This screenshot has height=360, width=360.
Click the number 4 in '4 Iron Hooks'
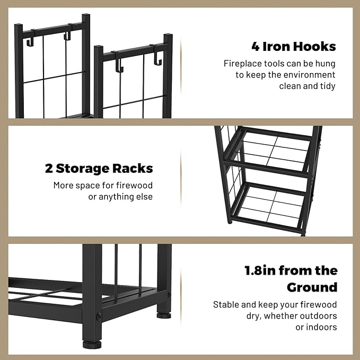click(256, 46)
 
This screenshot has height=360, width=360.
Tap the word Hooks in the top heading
click(314, 46)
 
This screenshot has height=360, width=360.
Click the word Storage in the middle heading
click(82, 169)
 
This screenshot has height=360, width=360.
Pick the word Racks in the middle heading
click(133, 169)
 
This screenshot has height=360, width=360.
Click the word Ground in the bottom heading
click(312, 287)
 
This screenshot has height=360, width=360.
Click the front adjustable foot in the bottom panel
click(92, 345)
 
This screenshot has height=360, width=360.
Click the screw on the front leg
click(99, 317)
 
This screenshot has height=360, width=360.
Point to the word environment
click(309, 75)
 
